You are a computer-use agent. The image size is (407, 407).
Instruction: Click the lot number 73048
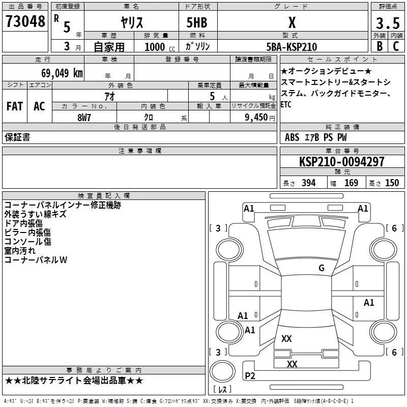coord(25,21)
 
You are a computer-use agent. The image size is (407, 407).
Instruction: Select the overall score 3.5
coord(388,23)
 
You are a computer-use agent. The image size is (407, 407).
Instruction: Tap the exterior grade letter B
coord(380,46)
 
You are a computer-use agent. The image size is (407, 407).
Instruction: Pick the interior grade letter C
coord(396,46)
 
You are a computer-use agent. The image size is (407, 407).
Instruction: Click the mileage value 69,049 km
coord(62,73)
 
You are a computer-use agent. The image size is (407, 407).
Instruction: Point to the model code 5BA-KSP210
coord(292,47)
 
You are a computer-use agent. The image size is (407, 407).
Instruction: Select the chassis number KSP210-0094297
coord(341,162)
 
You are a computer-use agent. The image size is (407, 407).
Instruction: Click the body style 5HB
coord(197,22)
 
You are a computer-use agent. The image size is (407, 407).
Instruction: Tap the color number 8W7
coord(84,118)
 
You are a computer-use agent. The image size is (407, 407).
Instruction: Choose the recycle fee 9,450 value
coord(256,118)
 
